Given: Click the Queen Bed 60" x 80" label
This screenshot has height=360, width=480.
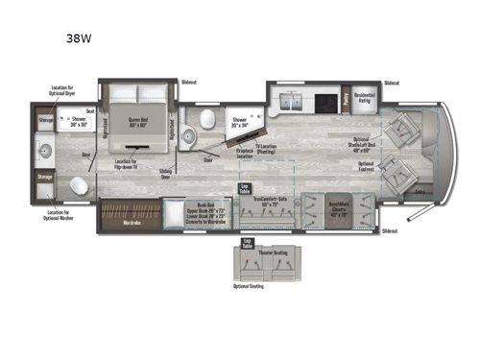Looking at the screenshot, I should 139,123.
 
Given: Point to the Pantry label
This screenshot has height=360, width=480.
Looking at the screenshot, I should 345,99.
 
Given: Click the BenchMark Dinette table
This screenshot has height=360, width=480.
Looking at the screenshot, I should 339,207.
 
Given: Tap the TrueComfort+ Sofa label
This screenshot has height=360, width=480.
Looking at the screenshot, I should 271,202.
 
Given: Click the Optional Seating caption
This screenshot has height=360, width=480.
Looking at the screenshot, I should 247,286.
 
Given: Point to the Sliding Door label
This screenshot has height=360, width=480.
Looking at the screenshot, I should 164,174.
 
